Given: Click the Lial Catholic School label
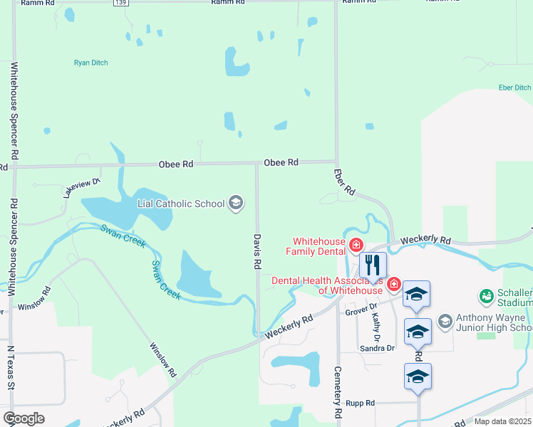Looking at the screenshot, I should coord(181,204).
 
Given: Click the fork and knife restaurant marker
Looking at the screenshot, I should coord(373,265).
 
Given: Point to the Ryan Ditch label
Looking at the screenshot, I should coord(90,63).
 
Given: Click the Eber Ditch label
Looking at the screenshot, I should coord(514,88).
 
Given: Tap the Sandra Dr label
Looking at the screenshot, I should coord(377,348).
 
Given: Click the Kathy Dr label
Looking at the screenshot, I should coord(376,322).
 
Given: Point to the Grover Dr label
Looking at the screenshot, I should coord(360,308).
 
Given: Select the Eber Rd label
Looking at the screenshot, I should coord(344,181).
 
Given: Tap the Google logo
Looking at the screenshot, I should coord(24,418).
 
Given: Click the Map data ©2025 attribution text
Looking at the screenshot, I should coord(502,421).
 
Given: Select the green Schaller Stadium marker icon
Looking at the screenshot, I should coord(487,295).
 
